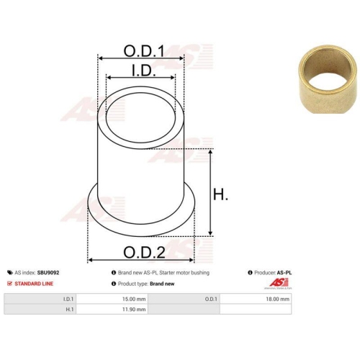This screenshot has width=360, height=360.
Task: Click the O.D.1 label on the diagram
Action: [x=144, y=51]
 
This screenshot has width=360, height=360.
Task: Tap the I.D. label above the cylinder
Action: [x=144, y=71]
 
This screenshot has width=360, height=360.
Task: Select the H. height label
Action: [x=220, y=194]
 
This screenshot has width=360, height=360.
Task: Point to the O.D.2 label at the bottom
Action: [x=144, y=252]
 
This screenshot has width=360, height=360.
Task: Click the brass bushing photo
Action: [x=328, y=79]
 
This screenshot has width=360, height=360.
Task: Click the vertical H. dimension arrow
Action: [x=210, y=193]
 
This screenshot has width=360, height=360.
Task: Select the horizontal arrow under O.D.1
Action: [x=141, y=58]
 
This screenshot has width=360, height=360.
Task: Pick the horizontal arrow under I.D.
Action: [x=140, y=78]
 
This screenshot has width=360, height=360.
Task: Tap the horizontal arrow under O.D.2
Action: [x=141, y=260]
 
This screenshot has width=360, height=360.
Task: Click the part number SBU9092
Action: [x=48, y=273]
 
